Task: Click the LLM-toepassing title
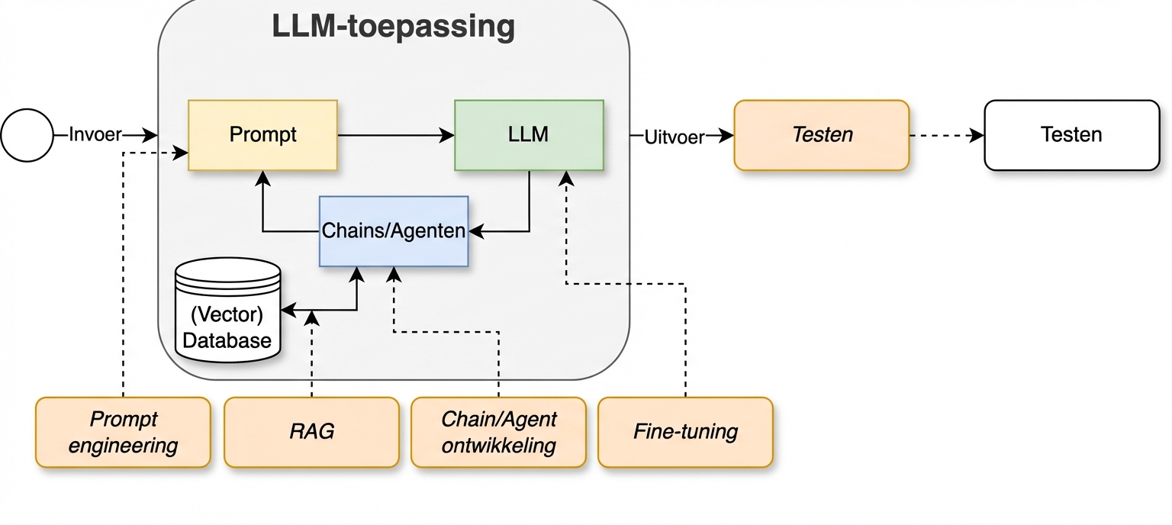point(393,26)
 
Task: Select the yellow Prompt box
point(262,135)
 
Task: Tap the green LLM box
point(529,135)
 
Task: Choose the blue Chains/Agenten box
point(394,231)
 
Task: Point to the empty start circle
point(27,135)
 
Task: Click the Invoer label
point(95,135)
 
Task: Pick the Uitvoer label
point(675,138)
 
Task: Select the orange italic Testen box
point(822,135)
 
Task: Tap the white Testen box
point(1071,135)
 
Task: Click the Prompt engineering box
point(123,432)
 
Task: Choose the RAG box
point(311,432)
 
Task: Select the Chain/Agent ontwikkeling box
point(498,432)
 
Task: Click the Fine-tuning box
point(685,432)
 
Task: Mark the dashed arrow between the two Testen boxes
point(946,136)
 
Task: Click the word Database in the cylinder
point(227,340)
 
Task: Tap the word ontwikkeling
point(498,445)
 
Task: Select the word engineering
point(123,445)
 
